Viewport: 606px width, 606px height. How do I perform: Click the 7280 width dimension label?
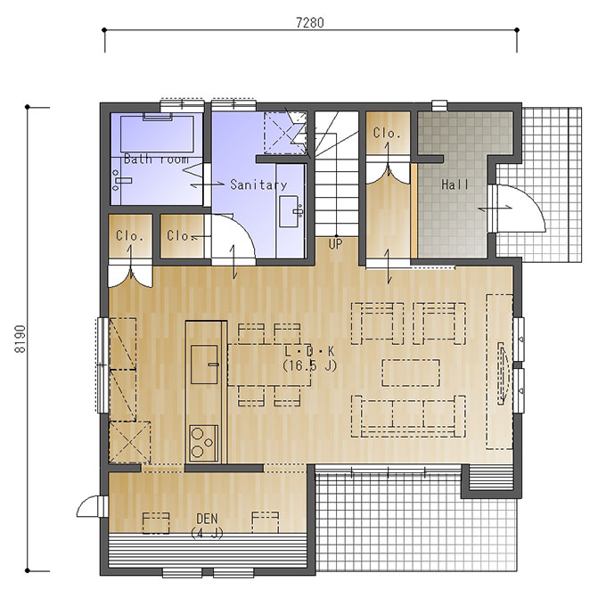pos(310,23)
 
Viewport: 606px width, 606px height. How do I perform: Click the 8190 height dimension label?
pos(20,339)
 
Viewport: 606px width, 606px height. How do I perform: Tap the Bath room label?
pos(156,159)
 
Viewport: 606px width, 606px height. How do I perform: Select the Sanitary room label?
pos(258,184)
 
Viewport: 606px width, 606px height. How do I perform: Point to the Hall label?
pos(454,184)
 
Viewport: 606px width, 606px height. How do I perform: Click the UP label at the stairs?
pos(335,244)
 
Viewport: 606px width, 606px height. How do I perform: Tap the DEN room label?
pos(207,519)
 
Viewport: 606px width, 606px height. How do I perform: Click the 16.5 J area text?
pos(310,365)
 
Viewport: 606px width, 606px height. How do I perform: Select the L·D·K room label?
pos(309,351)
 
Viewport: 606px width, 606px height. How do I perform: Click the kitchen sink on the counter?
pos(204,364)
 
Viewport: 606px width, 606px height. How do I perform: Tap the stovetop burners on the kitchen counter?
pos(203,443)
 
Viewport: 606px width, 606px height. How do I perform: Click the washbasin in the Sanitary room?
pos(289,211)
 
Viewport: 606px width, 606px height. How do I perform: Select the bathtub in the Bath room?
pos(158,134)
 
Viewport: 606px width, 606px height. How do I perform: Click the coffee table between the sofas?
pos(411,373)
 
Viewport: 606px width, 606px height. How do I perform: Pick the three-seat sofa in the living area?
pos(408,416)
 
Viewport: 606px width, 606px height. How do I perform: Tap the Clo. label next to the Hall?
pos(387,134)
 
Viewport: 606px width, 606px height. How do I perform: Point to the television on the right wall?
pos(502,373)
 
